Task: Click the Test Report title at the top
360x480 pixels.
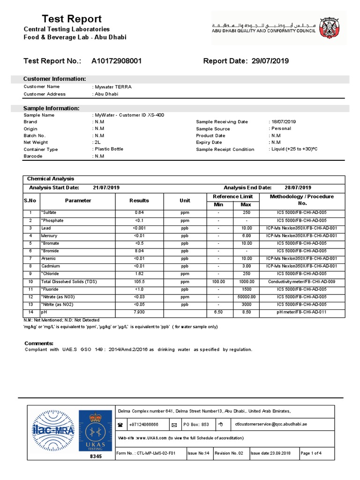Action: point(72,19)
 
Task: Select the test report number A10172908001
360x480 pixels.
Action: point(116,61)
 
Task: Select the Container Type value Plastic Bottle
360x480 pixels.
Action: point(109,149)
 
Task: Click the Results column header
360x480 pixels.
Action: point(139,201)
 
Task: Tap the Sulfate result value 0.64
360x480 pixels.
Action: point(139,212)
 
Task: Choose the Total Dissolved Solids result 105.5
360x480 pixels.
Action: point(139,281)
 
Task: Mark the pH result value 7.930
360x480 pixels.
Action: point(139,312)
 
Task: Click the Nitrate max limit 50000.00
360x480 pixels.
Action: point(246,297)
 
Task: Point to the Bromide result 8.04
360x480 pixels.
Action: point(139,251)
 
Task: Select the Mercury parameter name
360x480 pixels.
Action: point(50,235)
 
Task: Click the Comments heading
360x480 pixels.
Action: point(39,344)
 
